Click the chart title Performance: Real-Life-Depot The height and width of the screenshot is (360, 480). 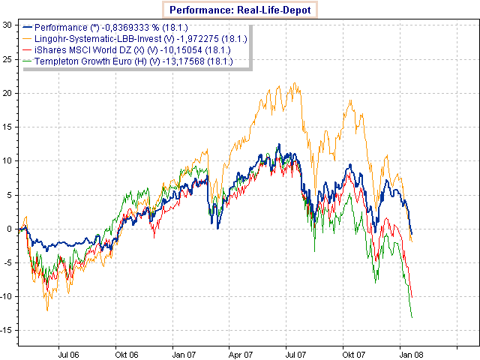tap(241, 10)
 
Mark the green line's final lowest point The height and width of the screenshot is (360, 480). tap(412, 318)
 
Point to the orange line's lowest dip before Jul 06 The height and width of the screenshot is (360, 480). tap(48, 310)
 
